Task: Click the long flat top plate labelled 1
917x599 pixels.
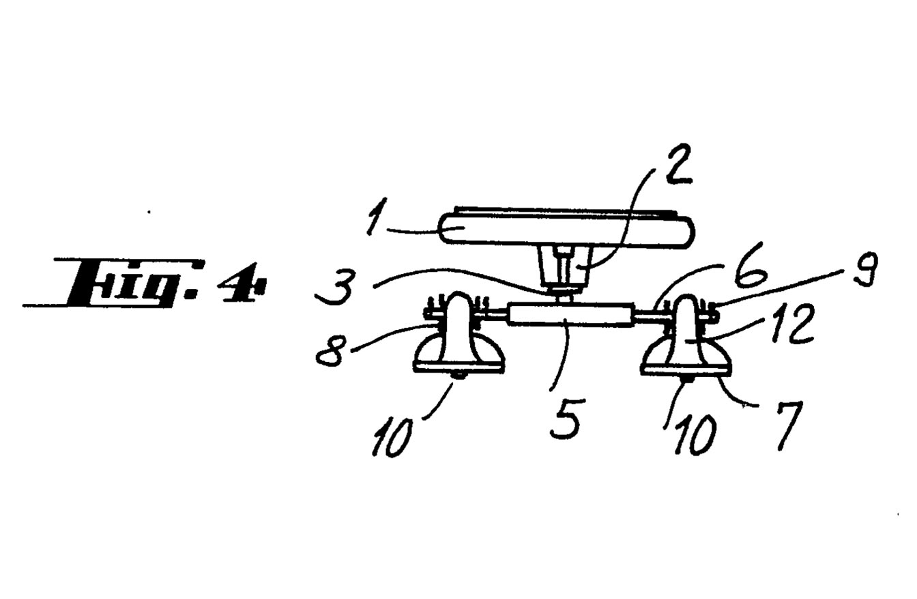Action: pyautogui.click(x=566, y=228)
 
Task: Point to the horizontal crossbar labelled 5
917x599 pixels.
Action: pyautogui.click(x=570, y=315)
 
